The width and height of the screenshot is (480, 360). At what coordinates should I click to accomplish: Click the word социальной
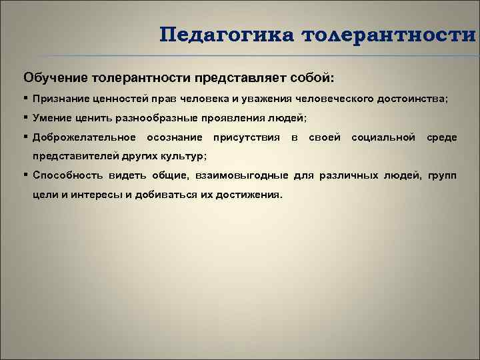(383, 137)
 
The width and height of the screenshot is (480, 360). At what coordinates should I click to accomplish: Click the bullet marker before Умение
(24, 117)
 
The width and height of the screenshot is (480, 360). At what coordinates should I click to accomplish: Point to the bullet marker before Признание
(24, 98)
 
